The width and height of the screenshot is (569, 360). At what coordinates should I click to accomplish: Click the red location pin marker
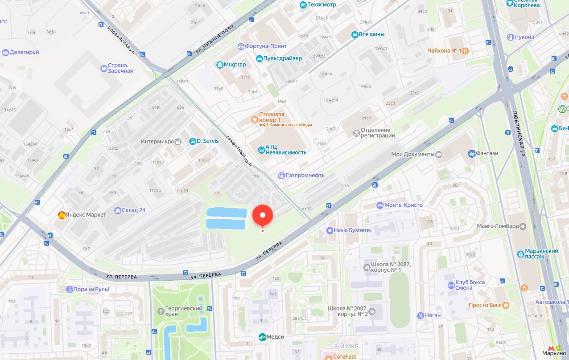tap(263, 216)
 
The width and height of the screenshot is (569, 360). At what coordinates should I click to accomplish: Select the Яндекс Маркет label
tap(88, 215)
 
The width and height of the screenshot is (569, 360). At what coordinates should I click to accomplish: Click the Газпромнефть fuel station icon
tap(281, 176)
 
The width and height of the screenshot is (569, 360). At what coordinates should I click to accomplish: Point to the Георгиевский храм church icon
tap(161, 311)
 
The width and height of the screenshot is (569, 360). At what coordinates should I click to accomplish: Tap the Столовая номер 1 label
tap(272, 117)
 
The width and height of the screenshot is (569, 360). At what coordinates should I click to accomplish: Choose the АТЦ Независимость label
tap(286, 149)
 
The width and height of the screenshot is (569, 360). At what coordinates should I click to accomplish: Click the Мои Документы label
tap(412, 155)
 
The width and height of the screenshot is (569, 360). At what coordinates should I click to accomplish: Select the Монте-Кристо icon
tap(380, 205)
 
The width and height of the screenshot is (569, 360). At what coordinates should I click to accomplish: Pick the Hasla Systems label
tap(352, 230)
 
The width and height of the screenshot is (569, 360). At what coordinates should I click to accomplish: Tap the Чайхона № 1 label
tap(444, 51)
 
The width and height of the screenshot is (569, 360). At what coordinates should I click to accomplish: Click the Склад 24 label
tap(133, 210)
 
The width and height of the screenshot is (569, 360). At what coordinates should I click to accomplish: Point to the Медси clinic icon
tap(262, 337)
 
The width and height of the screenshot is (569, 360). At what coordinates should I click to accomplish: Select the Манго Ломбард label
tap(498, 226)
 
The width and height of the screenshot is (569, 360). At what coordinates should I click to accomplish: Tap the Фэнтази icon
tap(472, 154)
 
